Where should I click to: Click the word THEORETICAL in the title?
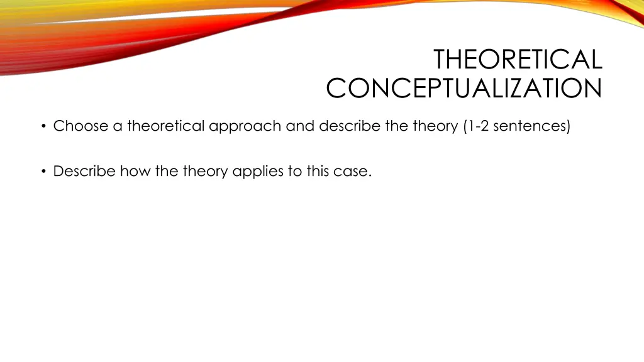click(518, 60)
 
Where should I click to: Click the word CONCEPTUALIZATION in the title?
click(464, 89)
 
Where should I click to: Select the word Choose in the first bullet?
click(80, 126)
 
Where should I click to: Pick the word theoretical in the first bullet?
click(166, 126)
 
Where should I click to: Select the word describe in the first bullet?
click(349, 126)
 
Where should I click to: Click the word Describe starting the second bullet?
click(85, 171)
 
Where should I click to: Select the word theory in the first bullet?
click(436, 126)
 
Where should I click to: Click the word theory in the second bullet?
click(206, 171)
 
